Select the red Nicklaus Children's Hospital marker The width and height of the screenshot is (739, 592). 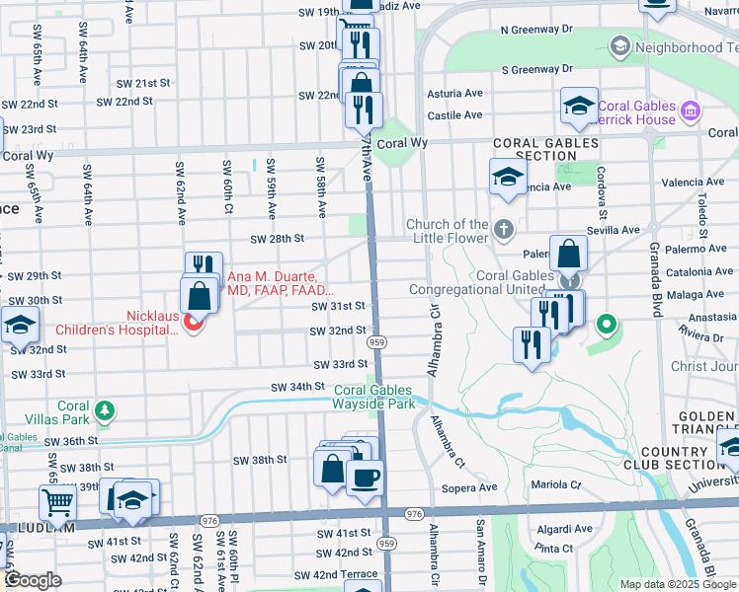click(194, 322)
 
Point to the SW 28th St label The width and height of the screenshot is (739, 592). click(277, 239)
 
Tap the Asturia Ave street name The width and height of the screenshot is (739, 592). click(454, 94)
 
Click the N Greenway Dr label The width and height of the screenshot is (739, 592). click(536, 30)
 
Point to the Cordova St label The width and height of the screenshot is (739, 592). click(600, 192)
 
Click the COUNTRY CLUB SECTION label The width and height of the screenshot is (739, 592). click(668, 459)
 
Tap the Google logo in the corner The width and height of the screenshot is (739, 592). click(33, 580)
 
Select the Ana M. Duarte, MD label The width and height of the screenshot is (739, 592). click(282, 283)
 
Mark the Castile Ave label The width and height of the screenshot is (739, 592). click(453, 115)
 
